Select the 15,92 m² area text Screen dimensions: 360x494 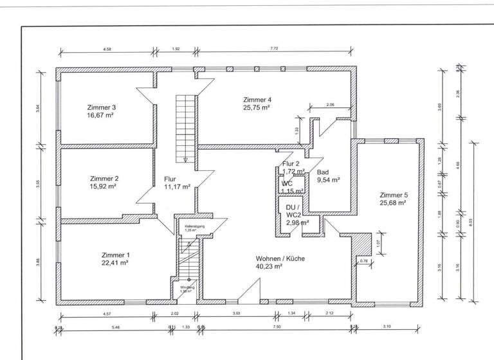pyautogui.click(x=103, y=186)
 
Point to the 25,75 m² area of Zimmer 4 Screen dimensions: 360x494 pyautogui.click(x=257, y=108)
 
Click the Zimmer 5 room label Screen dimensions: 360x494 pyautogui.click(x=394, y=195)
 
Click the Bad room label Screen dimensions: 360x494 pyautogui.click(x=323, y=173)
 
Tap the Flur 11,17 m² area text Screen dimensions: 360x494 pyautogui.click(x=177, y=187)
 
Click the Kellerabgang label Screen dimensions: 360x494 pyautogui.click(x=194, y=226)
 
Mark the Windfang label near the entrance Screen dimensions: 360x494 pyautogui.click(x=187, y=287)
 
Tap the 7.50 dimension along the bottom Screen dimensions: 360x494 pyautogui.click(x=277, y=327)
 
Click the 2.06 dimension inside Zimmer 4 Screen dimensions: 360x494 pyautogui.click(x=330, y=104)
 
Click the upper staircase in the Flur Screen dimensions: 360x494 pyautogui.click(x=185, y=127)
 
